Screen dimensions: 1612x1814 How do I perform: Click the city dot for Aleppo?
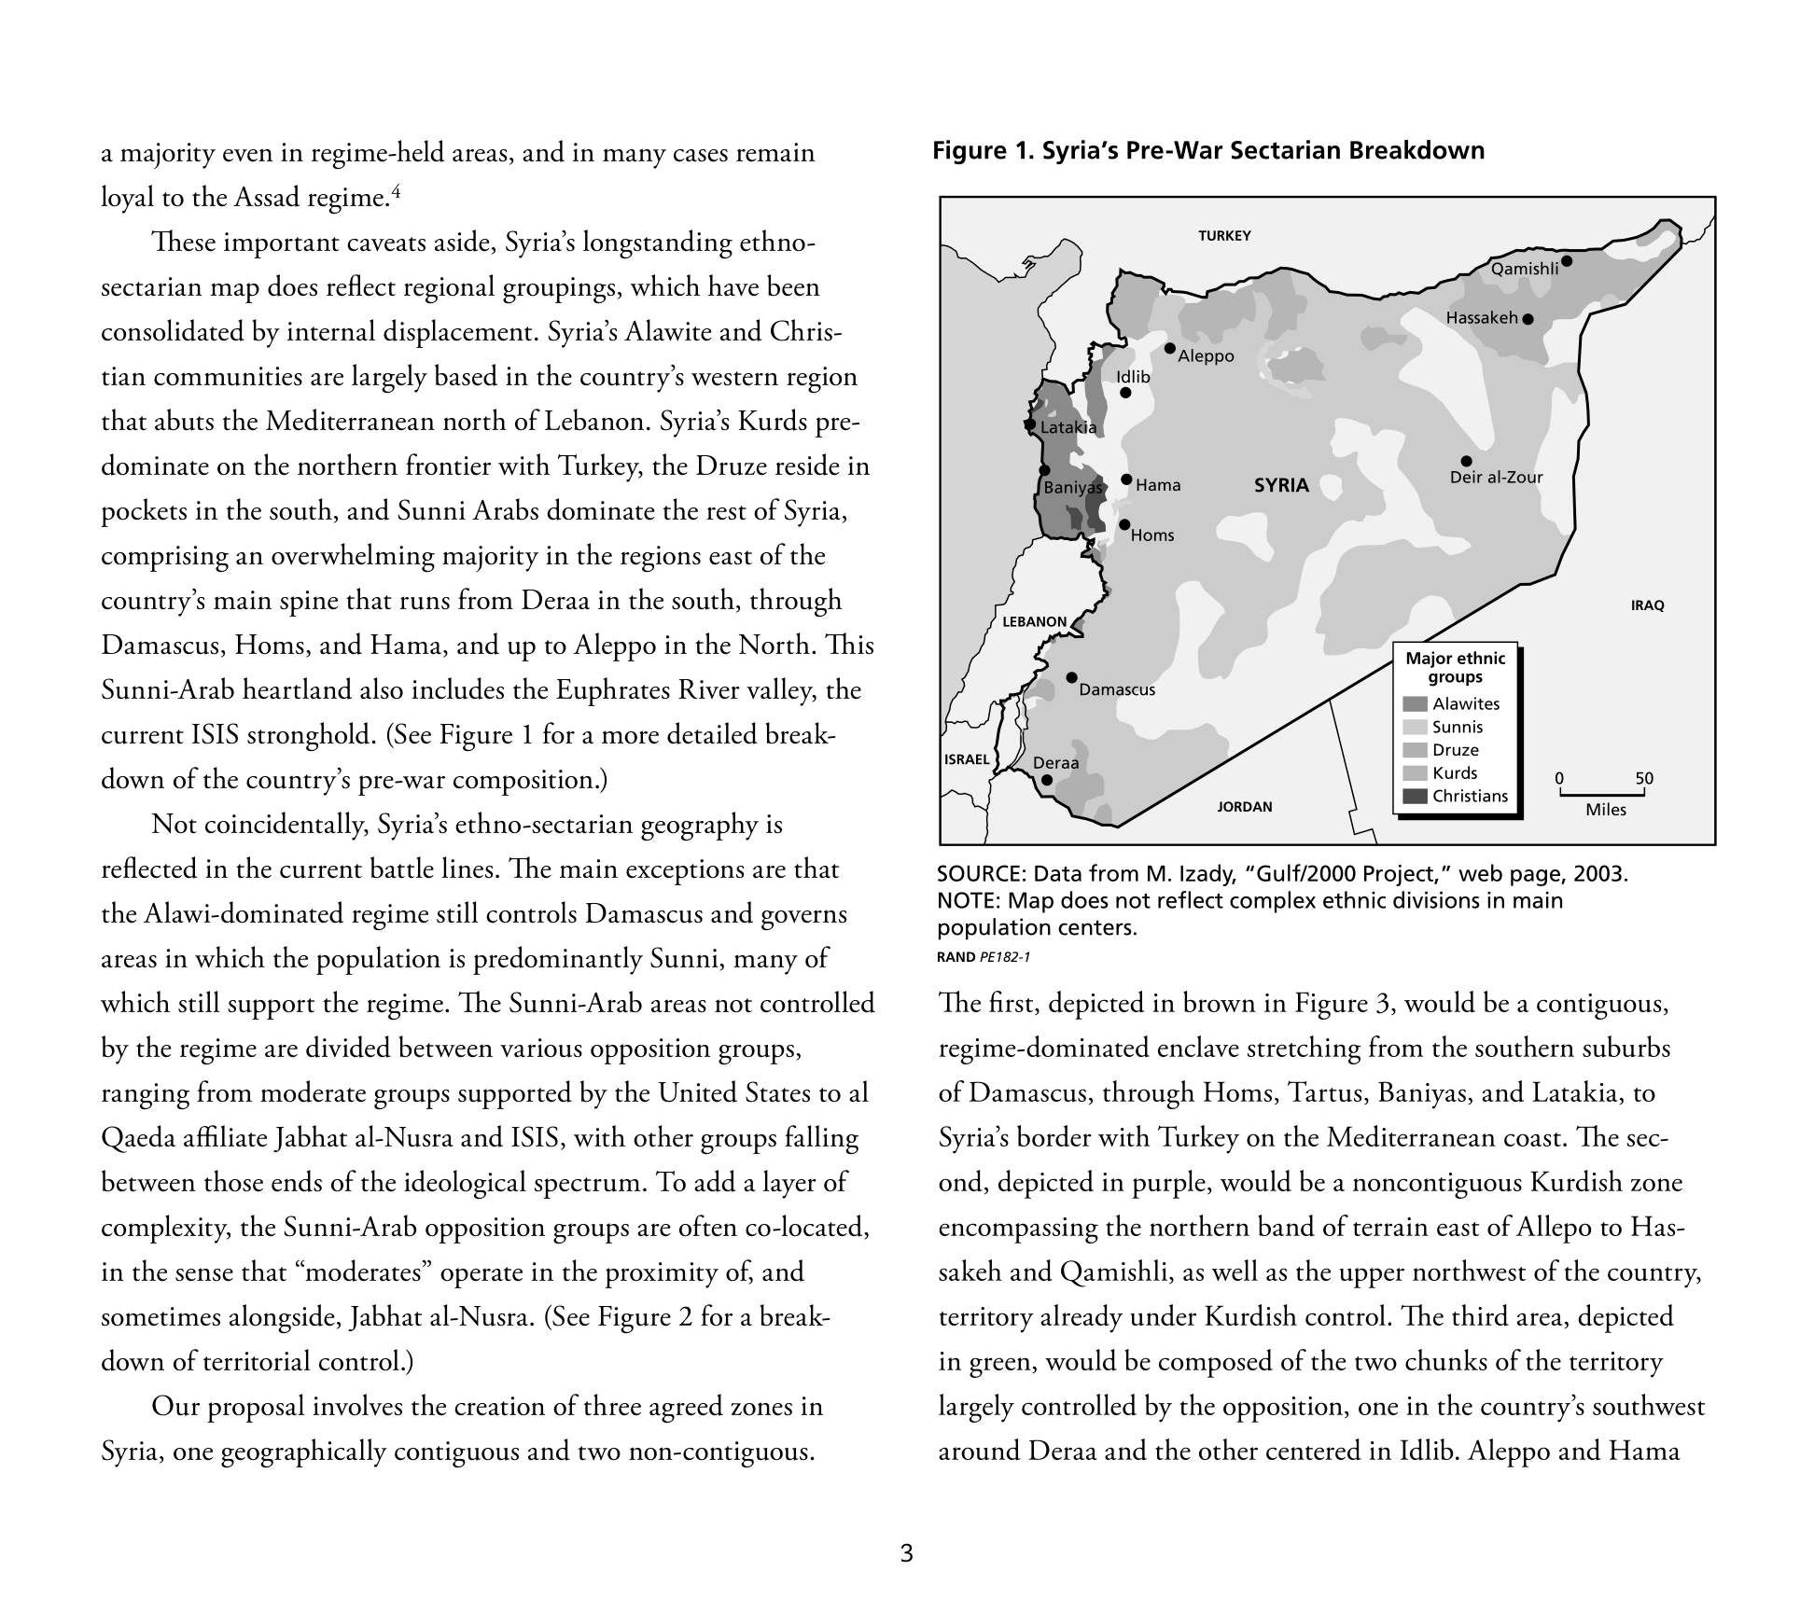[x=1169, y=348]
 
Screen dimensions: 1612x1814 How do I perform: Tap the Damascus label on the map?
[x=1117, y=689]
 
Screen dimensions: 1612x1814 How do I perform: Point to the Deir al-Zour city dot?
[x=1466, y=461]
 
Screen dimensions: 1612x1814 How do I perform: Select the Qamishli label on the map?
[x=1525, y=269]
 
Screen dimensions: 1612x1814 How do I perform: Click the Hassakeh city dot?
[x=1528, y=319]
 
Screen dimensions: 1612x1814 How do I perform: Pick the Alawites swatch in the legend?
[x=1415, y=704]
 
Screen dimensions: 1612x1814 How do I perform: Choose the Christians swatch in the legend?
[x=1415, y=796]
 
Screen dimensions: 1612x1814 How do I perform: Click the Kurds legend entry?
[x=1454, y=772]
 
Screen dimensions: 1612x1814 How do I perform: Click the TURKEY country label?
[x=1224, y=236]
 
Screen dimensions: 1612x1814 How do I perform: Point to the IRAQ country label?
[x=1647, y=605]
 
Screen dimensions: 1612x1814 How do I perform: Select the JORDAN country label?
[x=1245, y=807]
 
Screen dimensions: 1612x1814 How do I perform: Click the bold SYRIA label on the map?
[x=1281, y=485]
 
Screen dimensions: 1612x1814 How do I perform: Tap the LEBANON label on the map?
[x=1034, y=621]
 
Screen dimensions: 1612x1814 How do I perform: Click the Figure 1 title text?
[x=1207, y=151]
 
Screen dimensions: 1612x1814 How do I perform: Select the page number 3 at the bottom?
[x=906, y=1553]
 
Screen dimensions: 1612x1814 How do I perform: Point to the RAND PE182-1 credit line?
[x=984, y=956]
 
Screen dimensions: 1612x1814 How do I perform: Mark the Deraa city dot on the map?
[x=1047, y=780]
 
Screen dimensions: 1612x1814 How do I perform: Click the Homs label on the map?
[x=1152, y=535]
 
